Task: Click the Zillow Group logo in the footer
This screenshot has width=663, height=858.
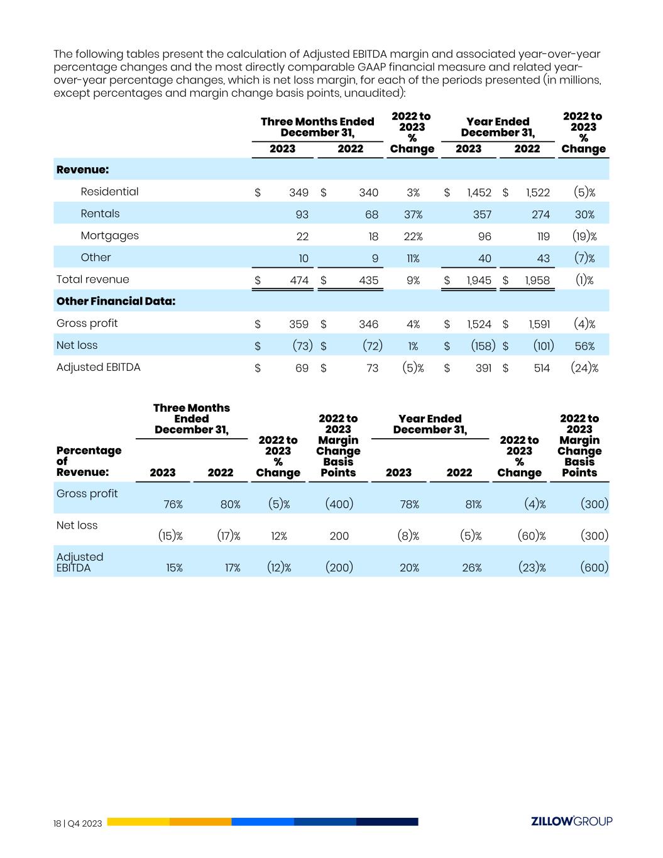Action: [x=571, y=821]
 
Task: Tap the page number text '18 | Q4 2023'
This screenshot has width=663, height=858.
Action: [x=78, y=823]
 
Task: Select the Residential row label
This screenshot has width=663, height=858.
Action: [x=109, y=192]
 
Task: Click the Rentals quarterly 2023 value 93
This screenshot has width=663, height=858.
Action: [x=302, y=214]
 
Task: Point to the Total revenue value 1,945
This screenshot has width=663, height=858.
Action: [x=479, y=280]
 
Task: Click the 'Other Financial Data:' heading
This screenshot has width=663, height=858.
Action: [x=116, y=301]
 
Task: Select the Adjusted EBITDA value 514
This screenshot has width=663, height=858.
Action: [x=541, y=368]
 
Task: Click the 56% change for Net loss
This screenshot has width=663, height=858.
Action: [x=584, y=346]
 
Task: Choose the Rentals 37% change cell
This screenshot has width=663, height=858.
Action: [x=413, y=214]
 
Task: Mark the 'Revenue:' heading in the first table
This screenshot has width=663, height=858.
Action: [x=82, y=170]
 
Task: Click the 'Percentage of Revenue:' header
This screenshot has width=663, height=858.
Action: [x=89, y=461]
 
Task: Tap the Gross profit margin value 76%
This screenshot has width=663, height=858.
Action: [x=173, y=504]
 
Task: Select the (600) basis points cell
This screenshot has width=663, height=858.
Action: [x=593, y=568]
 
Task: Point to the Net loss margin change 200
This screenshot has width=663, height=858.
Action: [x=339, y=536]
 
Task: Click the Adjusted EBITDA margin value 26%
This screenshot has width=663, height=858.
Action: [x=471, y=568]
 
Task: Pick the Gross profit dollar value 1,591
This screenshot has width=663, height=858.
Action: [x=539, y=324]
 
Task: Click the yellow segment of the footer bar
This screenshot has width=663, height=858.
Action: [x=138, y=822]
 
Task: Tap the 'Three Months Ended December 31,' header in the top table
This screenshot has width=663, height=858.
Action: [x=317, y=127]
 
